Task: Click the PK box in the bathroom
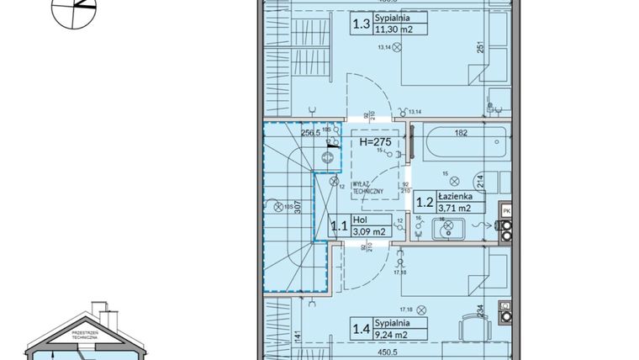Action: click(506, 209)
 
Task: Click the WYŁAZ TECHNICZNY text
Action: click(369, 187)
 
